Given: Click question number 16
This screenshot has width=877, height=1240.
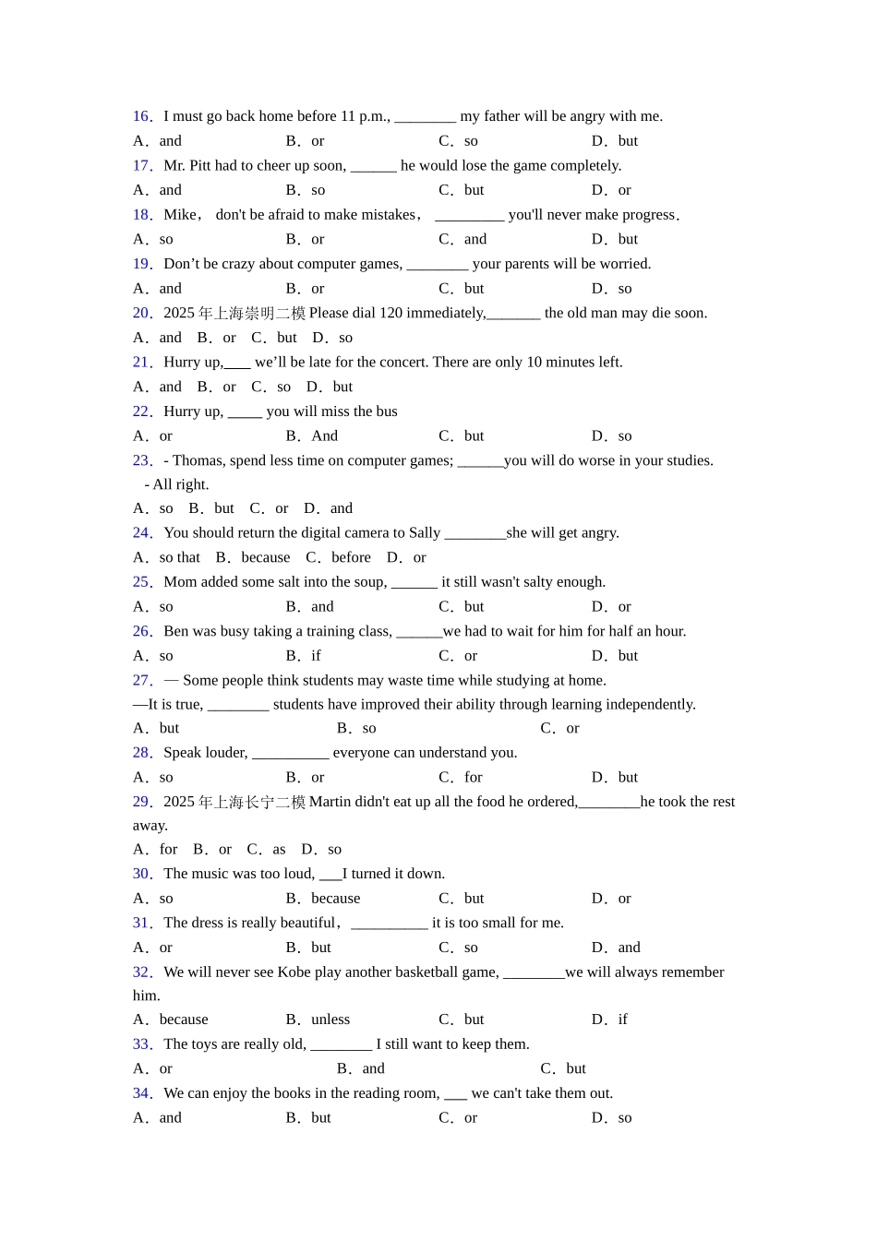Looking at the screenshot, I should click(x=141, y=116).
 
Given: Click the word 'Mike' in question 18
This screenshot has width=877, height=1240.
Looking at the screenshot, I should click(x=180, y=215).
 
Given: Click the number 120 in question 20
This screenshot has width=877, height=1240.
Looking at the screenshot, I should click(x=390, y=314).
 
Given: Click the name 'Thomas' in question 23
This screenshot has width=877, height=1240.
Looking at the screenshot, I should click(x=198, y=460).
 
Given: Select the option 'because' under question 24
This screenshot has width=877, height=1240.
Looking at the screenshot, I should click(x=266, y=557).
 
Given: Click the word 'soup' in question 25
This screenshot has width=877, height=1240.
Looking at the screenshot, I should click(x=370, y=582).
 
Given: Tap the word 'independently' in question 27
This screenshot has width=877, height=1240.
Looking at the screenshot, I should click(x=650, y=705).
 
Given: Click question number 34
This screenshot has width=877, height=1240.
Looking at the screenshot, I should click(x=141, y=1093).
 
